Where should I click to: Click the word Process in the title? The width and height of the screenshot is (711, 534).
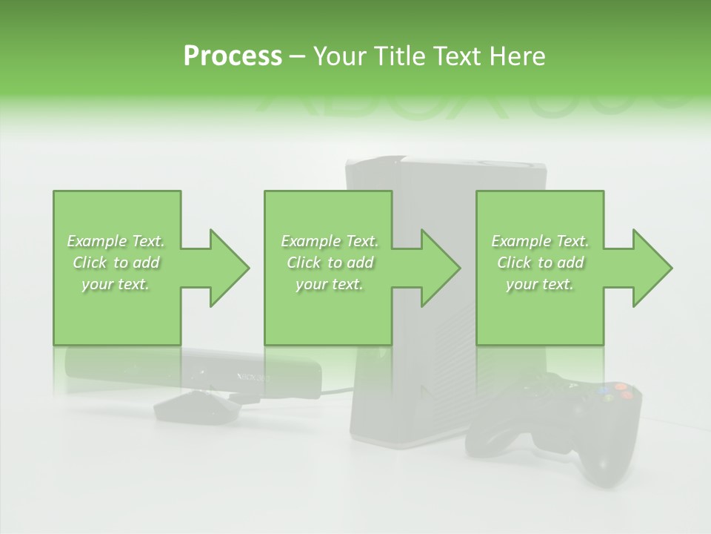[233, 56]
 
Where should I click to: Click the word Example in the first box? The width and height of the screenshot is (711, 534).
[96, 241]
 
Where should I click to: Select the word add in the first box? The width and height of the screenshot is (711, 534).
[146, 263]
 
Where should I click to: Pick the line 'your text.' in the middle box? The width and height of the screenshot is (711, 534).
[329, 284]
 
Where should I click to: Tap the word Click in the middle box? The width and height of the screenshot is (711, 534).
[304, 263]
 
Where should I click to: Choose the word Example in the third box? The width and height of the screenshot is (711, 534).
[519, 241]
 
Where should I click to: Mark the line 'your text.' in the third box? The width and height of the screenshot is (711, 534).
[539, 284]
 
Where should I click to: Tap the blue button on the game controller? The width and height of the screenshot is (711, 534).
[604, 389]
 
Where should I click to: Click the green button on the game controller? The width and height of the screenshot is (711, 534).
[609, 398]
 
